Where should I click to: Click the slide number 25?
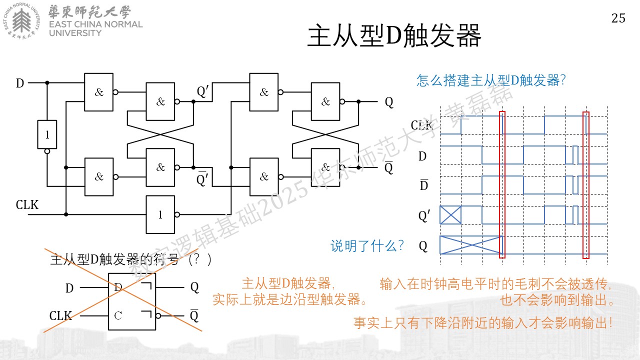[618, 18]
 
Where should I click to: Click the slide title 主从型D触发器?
[394, 35]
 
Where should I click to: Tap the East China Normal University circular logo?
[21, 20]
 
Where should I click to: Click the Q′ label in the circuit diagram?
[203, 91]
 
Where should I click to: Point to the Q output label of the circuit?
[389, 102]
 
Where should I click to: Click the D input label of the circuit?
[19, 83]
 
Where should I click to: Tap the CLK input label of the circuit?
[27, 205]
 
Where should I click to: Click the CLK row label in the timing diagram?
[421, 125]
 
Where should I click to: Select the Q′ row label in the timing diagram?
[424, 215]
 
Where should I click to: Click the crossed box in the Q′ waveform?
[450, 215]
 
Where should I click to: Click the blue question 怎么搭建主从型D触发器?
[491, 80]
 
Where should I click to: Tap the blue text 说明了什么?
[367, 245]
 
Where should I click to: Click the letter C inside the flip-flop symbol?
[117, 315]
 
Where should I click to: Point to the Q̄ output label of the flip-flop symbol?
[194, 315]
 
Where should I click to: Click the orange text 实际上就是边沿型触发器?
[289, 299]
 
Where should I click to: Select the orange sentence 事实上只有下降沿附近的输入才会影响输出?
[483, 323]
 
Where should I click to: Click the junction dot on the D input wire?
[47, 83]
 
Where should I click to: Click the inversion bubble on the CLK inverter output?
[177, 214]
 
